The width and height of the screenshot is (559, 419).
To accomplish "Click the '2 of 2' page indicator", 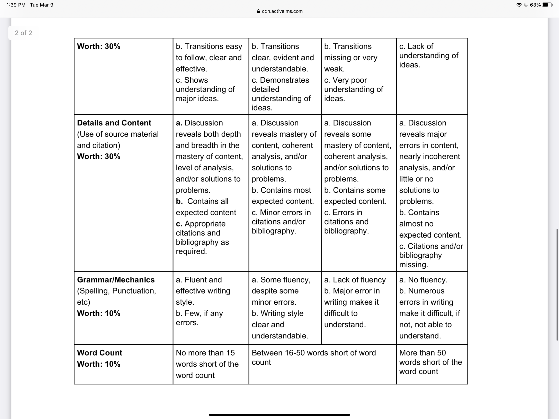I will click(23, 33).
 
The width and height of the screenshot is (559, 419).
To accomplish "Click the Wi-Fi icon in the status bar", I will click(519, 5).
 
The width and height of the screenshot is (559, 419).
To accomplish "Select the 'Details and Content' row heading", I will click(114, 123).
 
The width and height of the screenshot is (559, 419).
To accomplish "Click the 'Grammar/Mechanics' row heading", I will click(116, 279).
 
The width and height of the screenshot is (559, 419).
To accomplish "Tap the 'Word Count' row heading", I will click(100, 353).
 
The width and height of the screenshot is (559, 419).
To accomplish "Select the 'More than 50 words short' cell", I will click(430, 362).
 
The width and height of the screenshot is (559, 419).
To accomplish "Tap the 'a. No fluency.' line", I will click(423, 279).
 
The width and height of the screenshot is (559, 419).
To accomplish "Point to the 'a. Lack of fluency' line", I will click(355, 279).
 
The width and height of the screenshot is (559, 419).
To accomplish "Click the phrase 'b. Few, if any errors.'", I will click(199, 318).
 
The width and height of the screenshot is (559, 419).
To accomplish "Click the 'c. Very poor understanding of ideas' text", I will click(353, 89).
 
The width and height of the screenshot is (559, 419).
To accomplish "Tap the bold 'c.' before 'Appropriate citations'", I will click(179, 224).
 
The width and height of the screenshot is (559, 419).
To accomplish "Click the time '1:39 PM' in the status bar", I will click(16, 5).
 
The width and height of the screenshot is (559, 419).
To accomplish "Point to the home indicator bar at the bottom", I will click(279, 415).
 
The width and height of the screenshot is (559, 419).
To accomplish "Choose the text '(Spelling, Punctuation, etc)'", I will click(116, 296).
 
